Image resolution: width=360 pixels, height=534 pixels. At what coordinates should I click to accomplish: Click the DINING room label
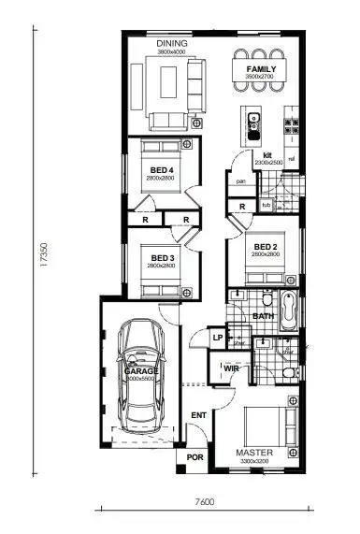172,44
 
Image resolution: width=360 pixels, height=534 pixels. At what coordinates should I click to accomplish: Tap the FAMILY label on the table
260,70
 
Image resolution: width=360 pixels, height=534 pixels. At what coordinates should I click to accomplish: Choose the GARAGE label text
141,371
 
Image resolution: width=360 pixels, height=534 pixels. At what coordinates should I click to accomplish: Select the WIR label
232,368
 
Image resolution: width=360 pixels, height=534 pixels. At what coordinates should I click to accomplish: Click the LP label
217,338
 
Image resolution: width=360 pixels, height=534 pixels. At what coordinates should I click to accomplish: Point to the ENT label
198,414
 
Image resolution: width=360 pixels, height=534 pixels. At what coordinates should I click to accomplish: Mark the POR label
196,458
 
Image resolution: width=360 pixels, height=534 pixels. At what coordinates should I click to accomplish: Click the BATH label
263,317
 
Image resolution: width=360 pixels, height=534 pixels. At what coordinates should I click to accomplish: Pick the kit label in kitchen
266,154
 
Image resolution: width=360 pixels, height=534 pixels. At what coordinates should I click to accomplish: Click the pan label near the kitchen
240,181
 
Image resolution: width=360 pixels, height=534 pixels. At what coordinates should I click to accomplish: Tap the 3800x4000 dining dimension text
172,52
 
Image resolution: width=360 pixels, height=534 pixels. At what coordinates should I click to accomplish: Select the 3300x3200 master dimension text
253,461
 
